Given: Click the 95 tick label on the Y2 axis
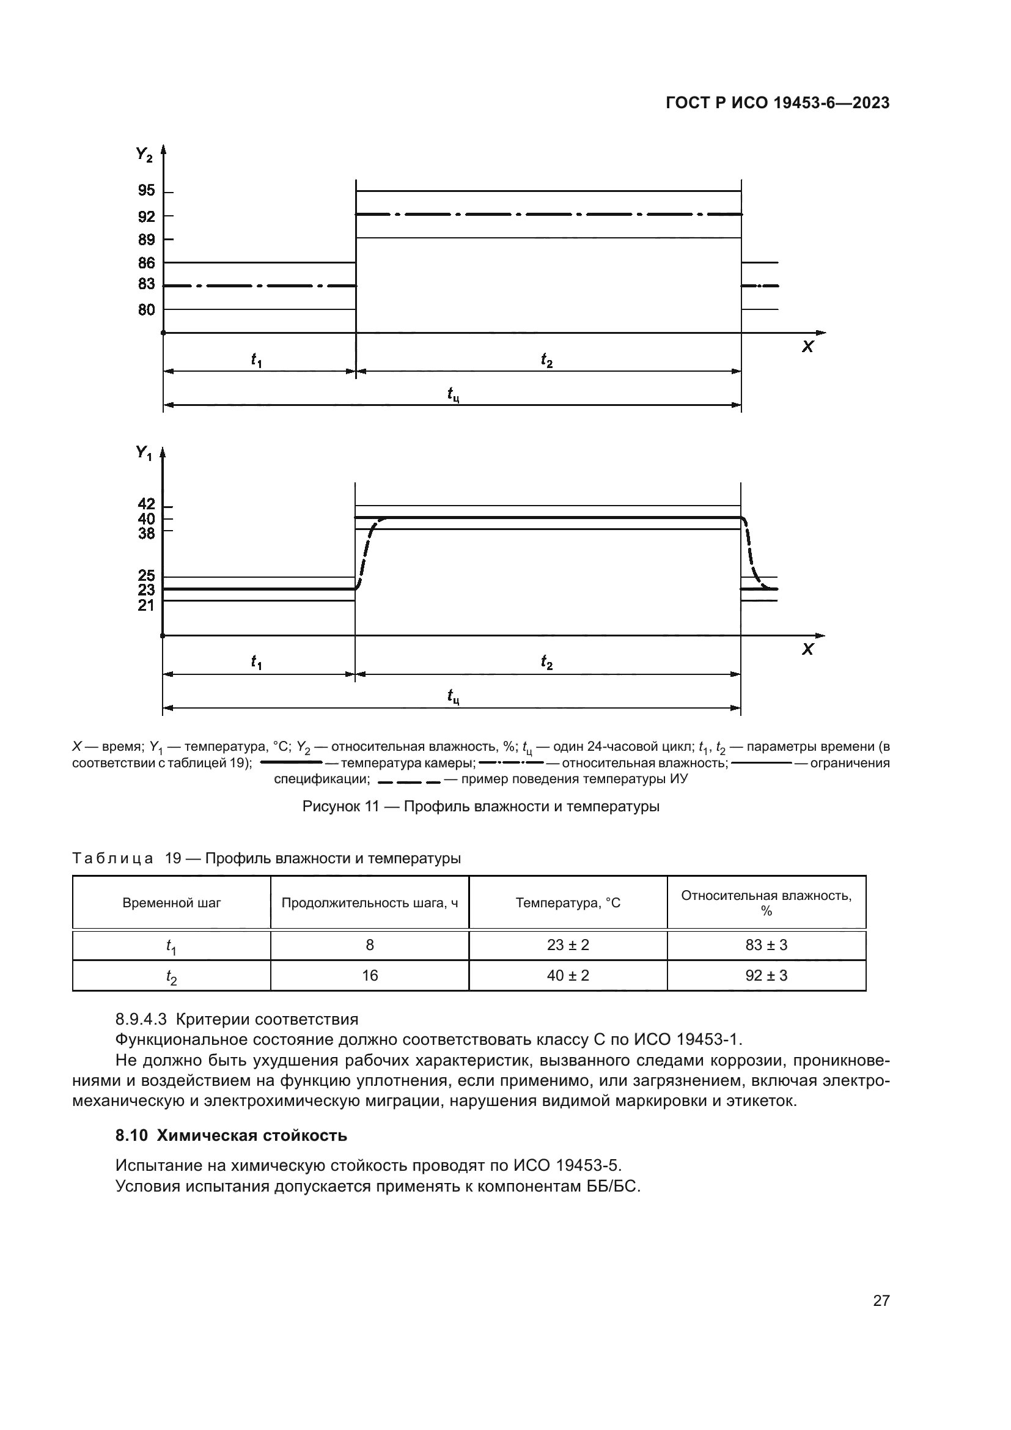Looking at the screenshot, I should [146, 191].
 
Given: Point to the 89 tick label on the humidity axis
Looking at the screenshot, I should [146, 240].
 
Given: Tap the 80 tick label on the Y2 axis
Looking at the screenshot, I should [146, 309].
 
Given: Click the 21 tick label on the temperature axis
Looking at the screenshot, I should [146, 605].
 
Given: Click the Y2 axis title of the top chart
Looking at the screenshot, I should [144, 154].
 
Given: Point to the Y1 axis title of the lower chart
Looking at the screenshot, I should [144, 454].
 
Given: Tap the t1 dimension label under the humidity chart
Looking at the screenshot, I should [256, 360].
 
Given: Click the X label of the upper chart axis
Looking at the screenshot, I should [807, 347].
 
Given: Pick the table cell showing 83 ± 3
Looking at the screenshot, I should [767, 945].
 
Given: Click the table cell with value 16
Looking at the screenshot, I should [370, 976].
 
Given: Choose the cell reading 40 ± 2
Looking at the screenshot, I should [568, 976].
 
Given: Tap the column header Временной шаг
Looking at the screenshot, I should [172, 903].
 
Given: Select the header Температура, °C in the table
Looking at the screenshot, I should [568, 903].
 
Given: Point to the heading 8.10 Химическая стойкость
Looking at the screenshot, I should [231, 1135].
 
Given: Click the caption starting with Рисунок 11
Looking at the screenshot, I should [480, 806].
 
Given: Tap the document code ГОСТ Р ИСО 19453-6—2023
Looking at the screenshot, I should [778, 103].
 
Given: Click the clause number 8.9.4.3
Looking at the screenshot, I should [141, 1020].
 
